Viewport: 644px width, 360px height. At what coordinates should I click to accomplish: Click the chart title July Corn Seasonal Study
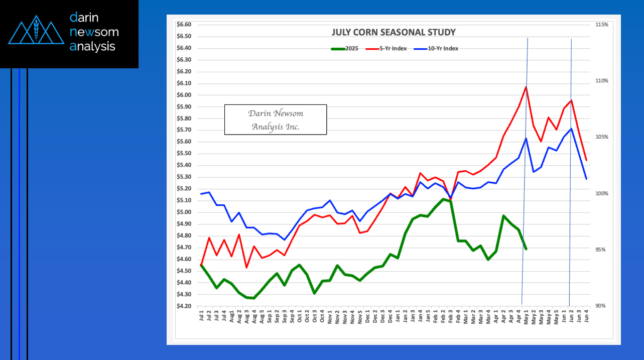click(x=394, y=33)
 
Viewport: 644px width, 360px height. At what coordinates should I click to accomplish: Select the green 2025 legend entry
click(x=344, y=49)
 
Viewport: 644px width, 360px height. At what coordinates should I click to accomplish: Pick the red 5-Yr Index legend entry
click(x=386, y=49)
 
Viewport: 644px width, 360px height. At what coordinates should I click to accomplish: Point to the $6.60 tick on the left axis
click(x=185, y=25)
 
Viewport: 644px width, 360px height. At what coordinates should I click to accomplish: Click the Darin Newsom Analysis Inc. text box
click(x=275, y=119)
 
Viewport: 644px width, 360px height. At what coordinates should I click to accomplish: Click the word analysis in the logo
click(x=93, y=47)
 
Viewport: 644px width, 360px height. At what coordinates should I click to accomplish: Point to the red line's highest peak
click(x=526, y=87)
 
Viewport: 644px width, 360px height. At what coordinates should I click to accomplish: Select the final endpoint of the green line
click(x=526, y=249)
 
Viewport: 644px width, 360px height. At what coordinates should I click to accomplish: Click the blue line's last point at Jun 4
click(x=586, y=179)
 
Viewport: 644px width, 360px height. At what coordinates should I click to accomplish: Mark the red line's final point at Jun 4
click(x=586, y=161)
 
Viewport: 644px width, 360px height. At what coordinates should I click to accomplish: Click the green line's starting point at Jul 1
click(x=201, y=265)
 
